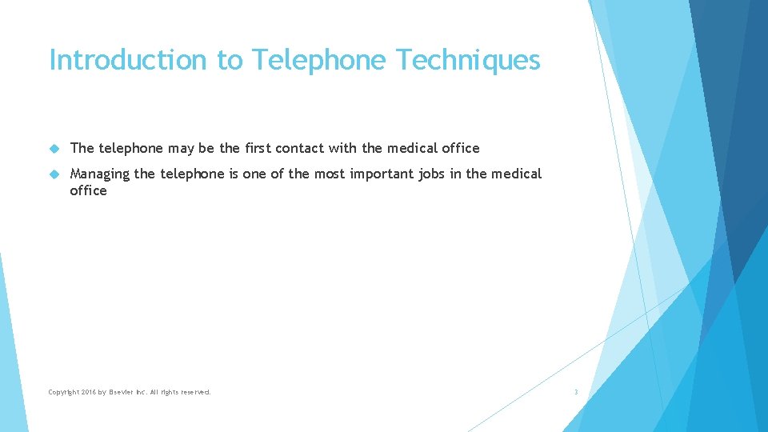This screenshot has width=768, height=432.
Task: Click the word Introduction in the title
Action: [128, 60]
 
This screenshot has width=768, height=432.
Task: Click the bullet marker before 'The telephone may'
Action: [54, 148]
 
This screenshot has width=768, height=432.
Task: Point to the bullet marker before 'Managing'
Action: [54, 174]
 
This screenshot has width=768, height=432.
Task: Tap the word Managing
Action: [100, 174]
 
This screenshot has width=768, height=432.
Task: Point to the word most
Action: [329, 174]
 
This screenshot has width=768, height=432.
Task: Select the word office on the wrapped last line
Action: [88, 190]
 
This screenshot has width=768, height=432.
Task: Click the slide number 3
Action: [575, 392]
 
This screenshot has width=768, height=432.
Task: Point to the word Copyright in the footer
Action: [63, 392]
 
